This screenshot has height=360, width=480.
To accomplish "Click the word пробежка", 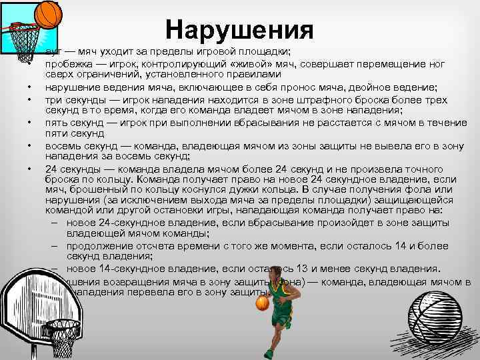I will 65,65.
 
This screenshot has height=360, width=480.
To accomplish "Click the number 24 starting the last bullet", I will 52,169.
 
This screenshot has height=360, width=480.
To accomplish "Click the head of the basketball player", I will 275,273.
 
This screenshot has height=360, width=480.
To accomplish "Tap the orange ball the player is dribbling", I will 262,304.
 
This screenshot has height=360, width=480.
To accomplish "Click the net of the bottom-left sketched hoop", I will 63,339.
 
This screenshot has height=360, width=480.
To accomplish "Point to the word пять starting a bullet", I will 56,123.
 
